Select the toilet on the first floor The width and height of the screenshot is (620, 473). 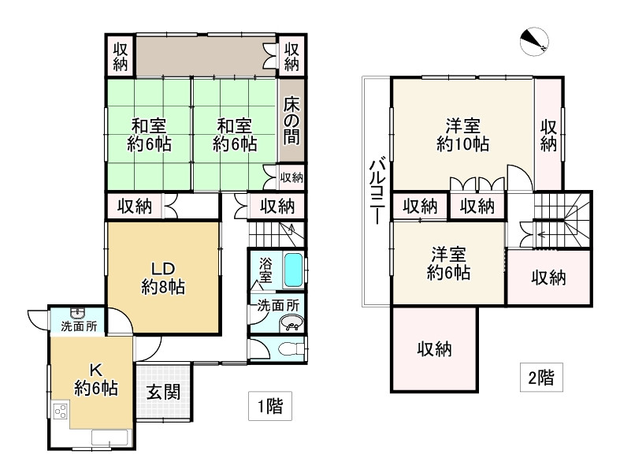(x=288, y=348)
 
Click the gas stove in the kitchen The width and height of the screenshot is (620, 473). (x=61, y=411)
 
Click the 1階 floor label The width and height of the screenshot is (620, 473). (x=269, y=407)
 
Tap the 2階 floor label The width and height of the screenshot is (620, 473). (x=540, y=378)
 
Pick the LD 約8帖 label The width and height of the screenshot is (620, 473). (x=163, y=276)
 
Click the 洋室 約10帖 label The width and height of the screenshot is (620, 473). (x=462, y=134)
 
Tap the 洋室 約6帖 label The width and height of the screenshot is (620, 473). (x=449, y=264)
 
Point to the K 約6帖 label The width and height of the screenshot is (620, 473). (x=96, y=378)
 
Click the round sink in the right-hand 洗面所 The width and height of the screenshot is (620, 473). (x=291, y=322)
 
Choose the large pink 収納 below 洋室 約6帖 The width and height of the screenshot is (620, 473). (x=434, y=349)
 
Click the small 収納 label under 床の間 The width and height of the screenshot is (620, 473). (x=291, y=177)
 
